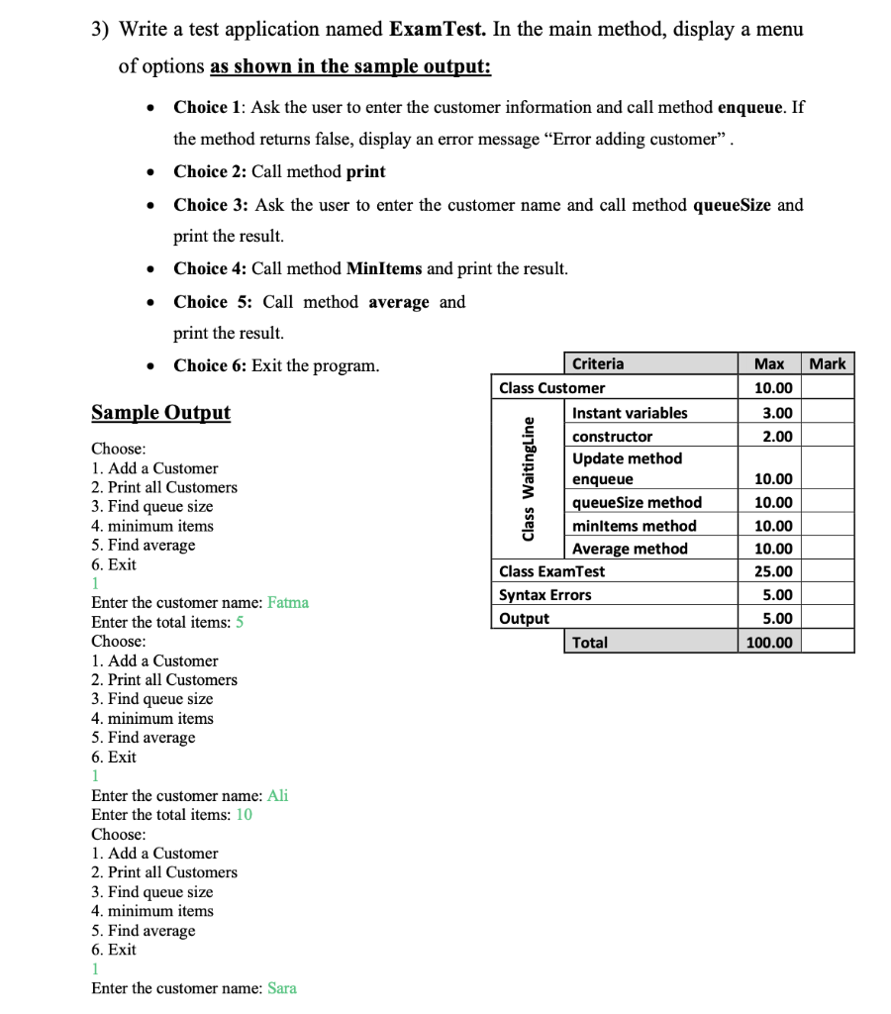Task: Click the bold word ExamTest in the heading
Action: click(437, 29)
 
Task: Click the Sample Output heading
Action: click(160, 412)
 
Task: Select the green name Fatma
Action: click(288, 602)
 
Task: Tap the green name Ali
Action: click(278, 795)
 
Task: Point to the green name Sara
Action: click(282, 988)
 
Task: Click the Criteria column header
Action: click(598, 363)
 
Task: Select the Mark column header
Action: click(828, 363)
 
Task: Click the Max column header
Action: click(769, 363)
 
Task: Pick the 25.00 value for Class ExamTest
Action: click(772, 571)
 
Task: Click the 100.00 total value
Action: click(769, 643)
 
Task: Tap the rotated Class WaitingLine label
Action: click(529, 478)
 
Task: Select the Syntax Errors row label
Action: click(545, 595)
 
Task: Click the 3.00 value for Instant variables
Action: click(777, 413)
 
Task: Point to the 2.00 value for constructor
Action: click(777, 437)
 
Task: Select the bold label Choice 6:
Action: click(210, 365)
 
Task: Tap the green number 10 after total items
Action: click(244, 814)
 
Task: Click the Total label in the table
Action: click(590, 643)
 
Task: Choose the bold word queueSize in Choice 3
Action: click(732, 205)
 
